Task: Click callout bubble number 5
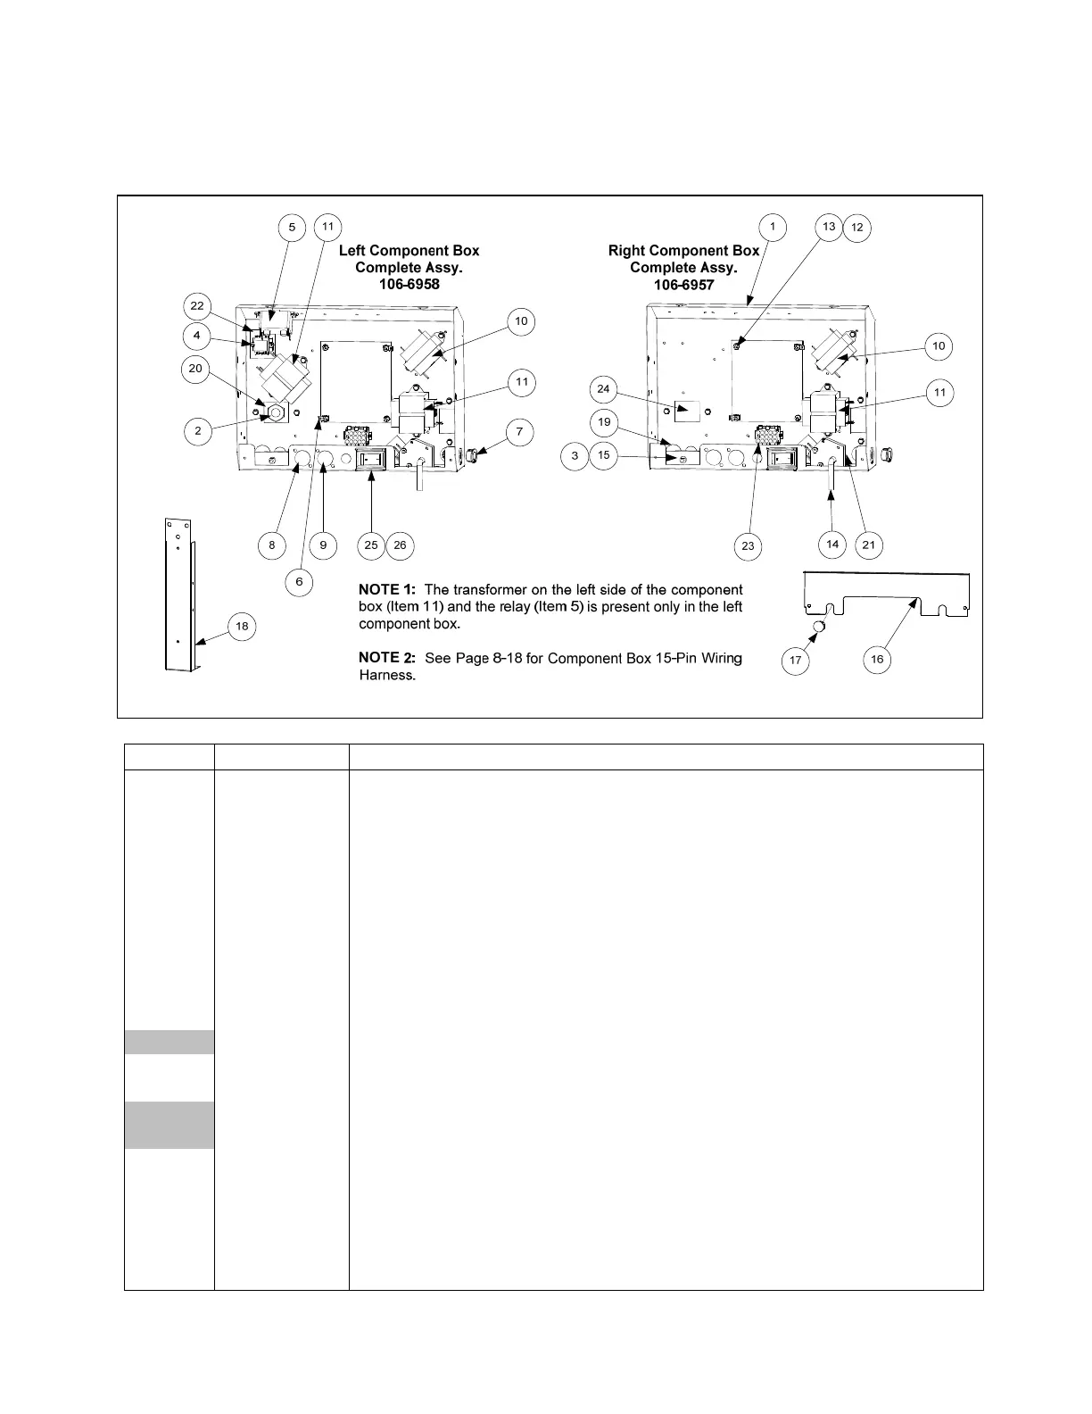point(292,228)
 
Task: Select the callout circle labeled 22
point(197,306)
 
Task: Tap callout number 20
point(196,369)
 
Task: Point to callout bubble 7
point(520,432)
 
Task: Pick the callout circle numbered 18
point(242,626)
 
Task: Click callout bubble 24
point(603,389)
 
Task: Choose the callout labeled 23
point(748,546)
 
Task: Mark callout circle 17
point(795,661)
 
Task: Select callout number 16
point(877,660)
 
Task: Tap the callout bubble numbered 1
point(773,228)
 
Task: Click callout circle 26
point(400,545)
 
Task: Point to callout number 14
point(832,544)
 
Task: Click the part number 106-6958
point(409,285)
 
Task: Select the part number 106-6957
point(683,285)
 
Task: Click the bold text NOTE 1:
point(387,590)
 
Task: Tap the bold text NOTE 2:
point(387,658)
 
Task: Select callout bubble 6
point(299,582)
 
